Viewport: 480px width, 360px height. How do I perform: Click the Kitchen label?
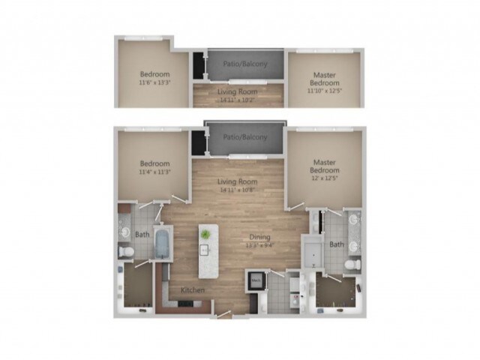tap(192, 290)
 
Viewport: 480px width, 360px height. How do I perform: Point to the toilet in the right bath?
tap(349, 266)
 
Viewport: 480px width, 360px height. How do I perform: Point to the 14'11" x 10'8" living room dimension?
tap(238, 190)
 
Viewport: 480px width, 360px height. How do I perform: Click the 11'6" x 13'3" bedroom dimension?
tap(154, 83)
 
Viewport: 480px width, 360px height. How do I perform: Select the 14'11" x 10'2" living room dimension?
tap(238, 98)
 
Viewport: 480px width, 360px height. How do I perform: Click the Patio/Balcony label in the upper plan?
tap(244, 64)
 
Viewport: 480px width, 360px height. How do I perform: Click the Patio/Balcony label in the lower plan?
tap(244, 137)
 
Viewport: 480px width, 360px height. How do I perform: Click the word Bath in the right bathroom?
tap(337, 244)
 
